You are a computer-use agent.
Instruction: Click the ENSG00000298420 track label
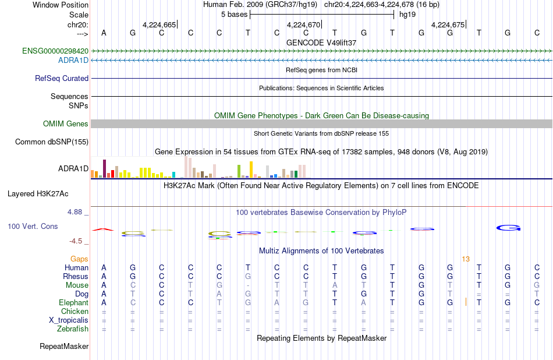pos(55,51)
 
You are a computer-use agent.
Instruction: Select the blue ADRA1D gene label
pos(73,61)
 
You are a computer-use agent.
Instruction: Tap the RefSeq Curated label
pos(62,79)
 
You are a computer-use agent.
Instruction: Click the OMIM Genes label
pos(66,124)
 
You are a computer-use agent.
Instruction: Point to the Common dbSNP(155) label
pos(52,142)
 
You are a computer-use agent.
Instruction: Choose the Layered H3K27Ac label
pos(38,194)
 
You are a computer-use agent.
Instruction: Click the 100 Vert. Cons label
pos(33,226)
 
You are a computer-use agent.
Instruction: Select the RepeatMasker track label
pos(64,346)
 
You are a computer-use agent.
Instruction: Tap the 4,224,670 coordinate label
pos(303,24)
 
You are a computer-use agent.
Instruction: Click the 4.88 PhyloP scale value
pos(75,212)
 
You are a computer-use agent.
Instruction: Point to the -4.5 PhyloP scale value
pos(76,241)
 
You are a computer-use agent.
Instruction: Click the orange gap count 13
pos(466,259)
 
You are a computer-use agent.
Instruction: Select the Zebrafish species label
pos(73,329)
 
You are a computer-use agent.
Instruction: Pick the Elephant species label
pos(74,303)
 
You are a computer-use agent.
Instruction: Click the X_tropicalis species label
pos(69,320)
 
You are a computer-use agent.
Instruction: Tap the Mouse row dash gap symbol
pos(248,285)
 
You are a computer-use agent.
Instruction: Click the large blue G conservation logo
pos(508,228)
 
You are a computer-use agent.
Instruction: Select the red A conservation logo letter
pos(103,230)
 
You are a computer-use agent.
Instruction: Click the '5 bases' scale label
pos(234,15)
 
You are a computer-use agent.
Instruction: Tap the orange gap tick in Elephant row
pos(466,302)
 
